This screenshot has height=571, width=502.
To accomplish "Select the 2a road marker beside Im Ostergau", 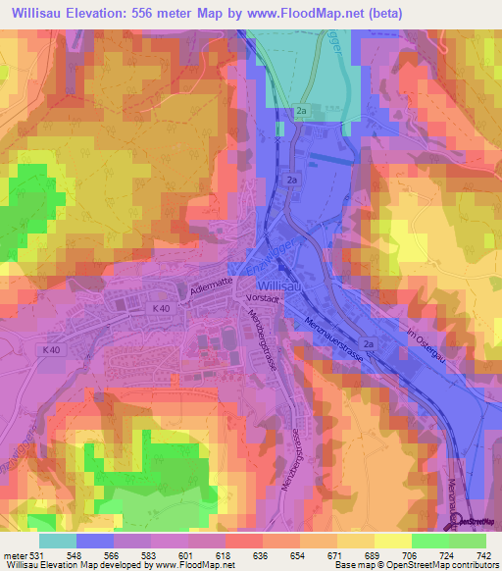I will coord(396,344).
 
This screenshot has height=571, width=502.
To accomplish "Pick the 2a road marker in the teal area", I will coord(302,113).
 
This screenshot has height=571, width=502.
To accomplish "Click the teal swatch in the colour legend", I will coord(57,540).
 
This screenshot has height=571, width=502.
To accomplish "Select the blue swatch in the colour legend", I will coord(95,540).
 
